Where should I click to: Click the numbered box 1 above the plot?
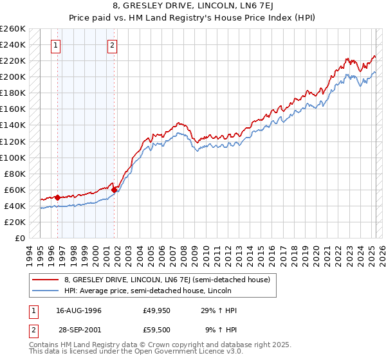tap(57, 45)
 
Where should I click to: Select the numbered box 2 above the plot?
tap(113, 45)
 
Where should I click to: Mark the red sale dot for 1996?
tap(58, 197)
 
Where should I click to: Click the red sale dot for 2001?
tap(114, 190)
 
